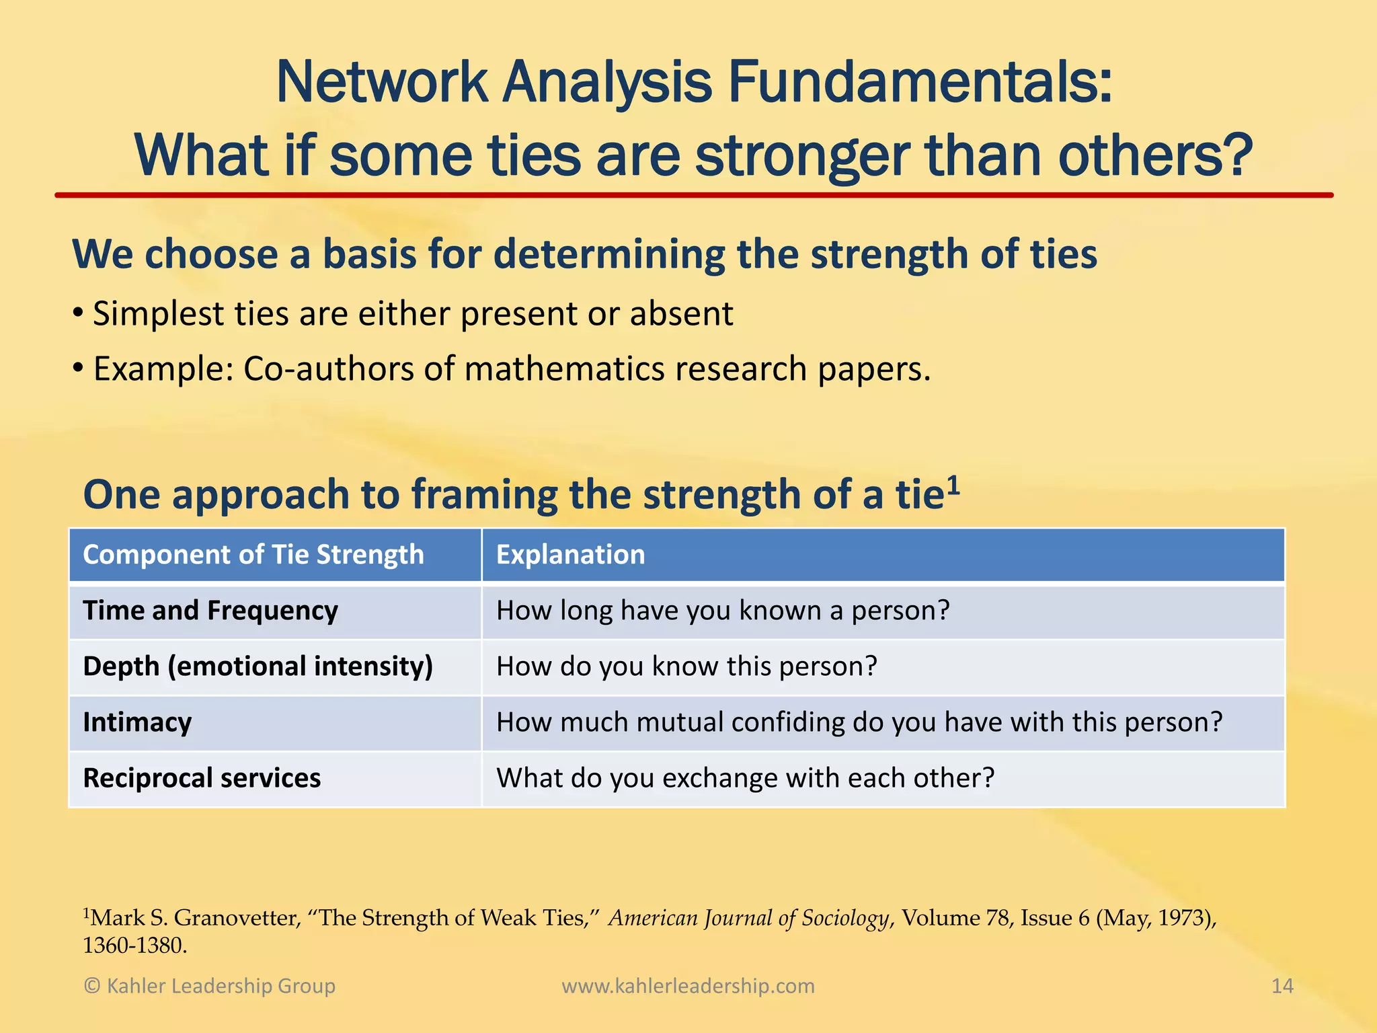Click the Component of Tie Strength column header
pyautogui.click(x=253, y=555)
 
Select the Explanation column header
pyautogui.click(x=570, y=555)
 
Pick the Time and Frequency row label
pyautogui.click(x=210, y=611)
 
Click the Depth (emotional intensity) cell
pyautogui.click(x=258, y=666)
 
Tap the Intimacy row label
pyautogui.click(x=137, y=722)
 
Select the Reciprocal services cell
pyautogui.click(x=202, y=778)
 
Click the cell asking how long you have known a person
pyautogui.click(x=723, y=611)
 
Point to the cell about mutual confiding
pyautogui.click(x=859, y=722)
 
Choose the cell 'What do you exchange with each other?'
pyautogui.click(x=745, y=778)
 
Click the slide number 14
pyautogui.click(x=1282, y=986)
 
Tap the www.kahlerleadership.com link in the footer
pyautogui.click(x=688, y=986)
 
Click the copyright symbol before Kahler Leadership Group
pyautogui.click(x=92, y=987)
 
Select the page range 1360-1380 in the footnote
pyautogui.click(x=134, y=946)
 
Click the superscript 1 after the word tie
pyautogui.click(x=953, y=484)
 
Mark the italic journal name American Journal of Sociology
pyautogui.click(x=749, y=918)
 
